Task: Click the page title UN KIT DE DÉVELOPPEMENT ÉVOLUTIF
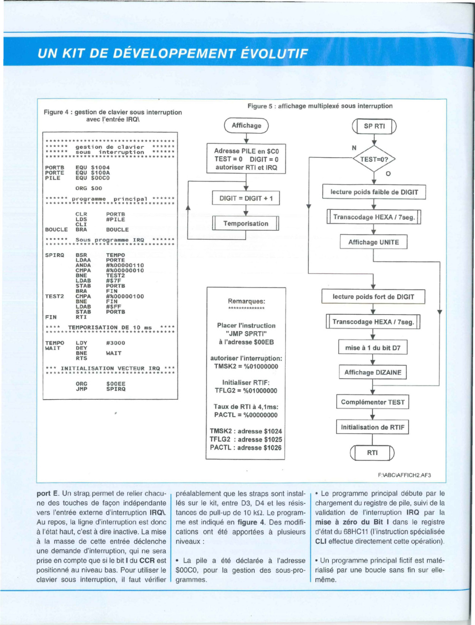pyautogui.click(x=173, y=54)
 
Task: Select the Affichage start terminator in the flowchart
pyautogui.click(x=246, y=125)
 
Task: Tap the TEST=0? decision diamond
pyautogui.click(x=374, y=159)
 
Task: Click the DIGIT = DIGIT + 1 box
pyautogui.click(x=246, y=198)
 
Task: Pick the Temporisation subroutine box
pyautogui.click(x=246, y=223)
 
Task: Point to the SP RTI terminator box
pyautogui.click(x=374, y=126)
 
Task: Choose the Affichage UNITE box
pyautogui.click(x=373, y=242)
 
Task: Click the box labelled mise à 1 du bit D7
pyautogui.click(x=373, y=347)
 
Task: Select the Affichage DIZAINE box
pyautogui.click(x=373, y=373)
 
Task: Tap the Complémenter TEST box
pyautogui.click(x=373, y=402)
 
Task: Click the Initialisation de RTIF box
pyautogui.click(x=373, y=427)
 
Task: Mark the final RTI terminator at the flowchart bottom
pyautogui.click(x=372, y=453)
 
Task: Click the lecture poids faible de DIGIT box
pyautogui.click(x=374, y=192)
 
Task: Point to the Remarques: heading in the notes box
pyautogui.click(x=246, y=301)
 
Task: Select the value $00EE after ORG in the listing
pyautogui.click(x=116, y=384)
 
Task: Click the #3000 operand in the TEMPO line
pyautogui.click(x=115, y=343)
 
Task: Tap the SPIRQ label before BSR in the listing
pyautogui.click(x=55, y=255)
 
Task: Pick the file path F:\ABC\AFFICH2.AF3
pyautogui.click(x=404, y=475)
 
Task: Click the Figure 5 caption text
pyautogui.click(x=320, y=106)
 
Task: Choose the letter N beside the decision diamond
pyautogui.click(x=354, y=148)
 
